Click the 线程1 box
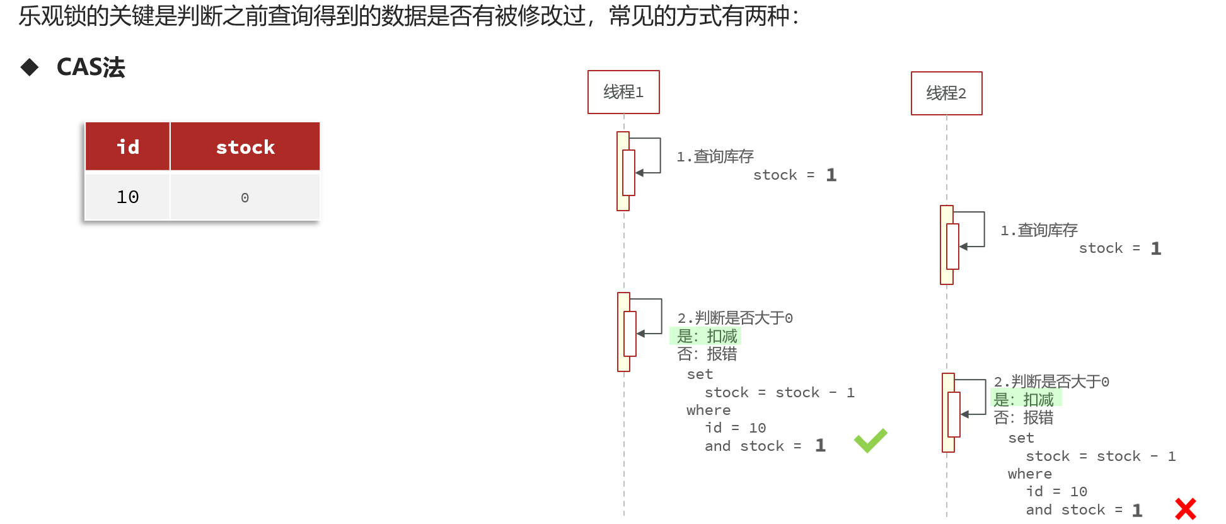click(x=623, y=92)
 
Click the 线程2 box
click(x=946, y=93)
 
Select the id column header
click(x=128, y=147)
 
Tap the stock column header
click(x=245, y=147)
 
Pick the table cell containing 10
click(x=128, y=197)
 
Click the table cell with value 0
click(x=245, y=197)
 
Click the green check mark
click(x=870, y=440)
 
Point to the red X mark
click(x=1185, y=509)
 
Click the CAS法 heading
click(x=91, y=67)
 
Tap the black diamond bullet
click(x=30, y=67)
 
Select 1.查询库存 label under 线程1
click(x=715, y=156)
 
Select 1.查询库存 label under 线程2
click(x=1039, y=230)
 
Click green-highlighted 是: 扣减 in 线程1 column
click(x=707, y=336)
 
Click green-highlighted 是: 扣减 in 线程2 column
click(x=1024, y=399)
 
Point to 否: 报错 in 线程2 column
click(x=1024, y=417)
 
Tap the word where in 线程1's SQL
click(x=708, y=410)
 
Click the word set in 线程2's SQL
click(x=1021, y=438)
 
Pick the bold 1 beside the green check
click(x=820, y=446)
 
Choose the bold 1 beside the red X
click(x=1137, y=510)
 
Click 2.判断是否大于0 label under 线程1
click(x=735, y=318)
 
